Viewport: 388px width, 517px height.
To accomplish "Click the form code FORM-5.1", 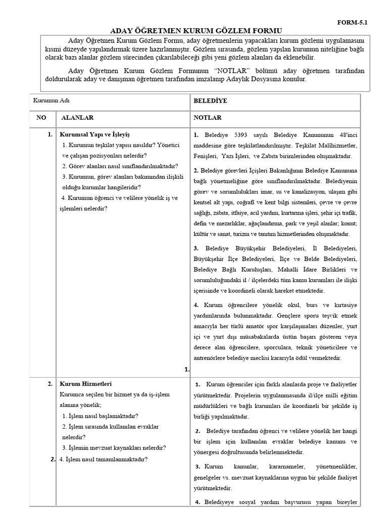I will (357, 23).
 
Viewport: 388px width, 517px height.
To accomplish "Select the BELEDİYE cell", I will (210, 100).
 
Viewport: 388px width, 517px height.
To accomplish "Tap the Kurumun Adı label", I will (51, 100).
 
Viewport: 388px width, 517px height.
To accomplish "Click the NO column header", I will (41, 118).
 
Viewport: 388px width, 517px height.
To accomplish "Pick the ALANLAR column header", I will (77, 118).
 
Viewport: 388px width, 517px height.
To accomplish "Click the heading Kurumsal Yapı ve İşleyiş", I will (95, 135).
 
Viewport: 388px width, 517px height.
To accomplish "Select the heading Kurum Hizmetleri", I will (86, 384).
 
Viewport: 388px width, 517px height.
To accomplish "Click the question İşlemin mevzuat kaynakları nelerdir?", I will (114, 447).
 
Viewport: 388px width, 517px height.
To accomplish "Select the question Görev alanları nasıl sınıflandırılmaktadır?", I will (120, 166).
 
